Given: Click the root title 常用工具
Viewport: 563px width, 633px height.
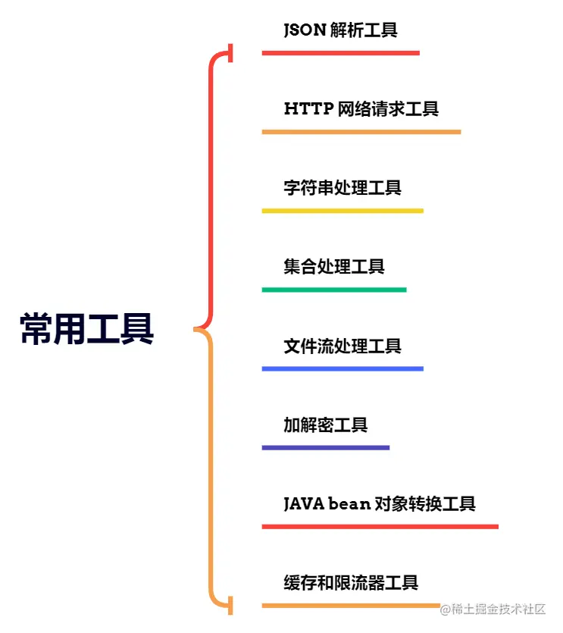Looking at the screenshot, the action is tap(86, 329).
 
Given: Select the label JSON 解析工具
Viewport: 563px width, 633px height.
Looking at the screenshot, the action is tap(340, 30).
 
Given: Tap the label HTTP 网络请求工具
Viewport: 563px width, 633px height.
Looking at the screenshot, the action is tap(361, 109).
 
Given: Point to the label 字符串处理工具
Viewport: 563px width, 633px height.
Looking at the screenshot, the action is tap(342, 188).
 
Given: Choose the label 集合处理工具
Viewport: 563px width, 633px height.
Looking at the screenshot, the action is tap(334, 267).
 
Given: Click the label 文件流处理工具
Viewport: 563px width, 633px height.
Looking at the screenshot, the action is tap(342, 346).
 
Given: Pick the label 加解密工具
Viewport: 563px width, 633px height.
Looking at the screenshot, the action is tap(326, 425).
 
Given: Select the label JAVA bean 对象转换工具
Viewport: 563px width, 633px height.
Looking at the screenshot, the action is tap(380, 504).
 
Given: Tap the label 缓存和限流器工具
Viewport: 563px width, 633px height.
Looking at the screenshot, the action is tap(351, 583).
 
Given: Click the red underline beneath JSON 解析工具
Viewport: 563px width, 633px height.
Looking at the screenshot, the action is tap(340, 53).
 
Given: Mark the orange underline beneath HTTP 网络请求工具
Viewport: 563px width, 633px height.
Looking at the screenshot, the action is tap(361, 132).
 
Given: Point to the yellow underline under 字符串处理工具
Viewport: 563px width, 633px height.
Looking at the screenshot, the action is tap(342, 211).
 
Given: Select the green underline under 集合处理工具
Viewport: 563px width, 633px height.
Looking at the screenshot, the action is tap(334, 290).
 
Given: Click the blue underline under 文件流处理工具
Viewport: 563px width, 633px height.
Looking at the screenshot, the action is tap(342, 368).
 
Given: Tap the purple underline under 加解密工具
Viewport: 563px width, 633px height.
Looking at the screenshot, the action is tap(326, 448).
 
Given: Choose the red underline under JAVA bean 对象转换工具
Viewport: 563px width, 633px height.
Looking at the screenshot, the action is tap(380, 527).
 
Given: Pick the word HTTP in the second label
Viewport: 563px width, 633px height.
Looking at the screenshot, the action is tap(308, 109).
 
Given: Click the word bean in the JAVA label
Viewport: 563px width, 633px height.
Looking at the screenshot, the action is tap(349, 504).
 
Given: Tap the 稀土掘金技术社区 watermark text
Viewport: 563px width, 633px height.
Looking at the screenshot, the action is tap(499, 609).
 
